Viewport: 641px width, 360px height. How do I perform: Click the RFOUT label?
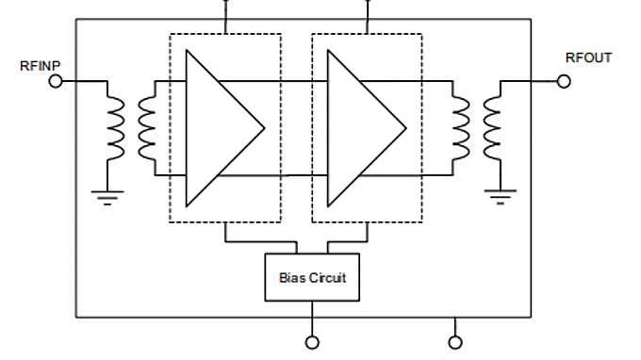pyautogui.click(x=588, y=58)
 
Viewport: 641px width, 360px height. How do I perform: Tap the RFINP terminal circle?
pyautogui.click(x=56, y=82)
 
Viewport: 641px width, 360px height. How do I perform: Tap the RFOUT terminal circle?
pyautogui.click(x=564, y=82)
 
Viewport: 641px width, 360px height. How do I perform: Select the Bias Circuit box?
pyautogui.click(x=312, y=278)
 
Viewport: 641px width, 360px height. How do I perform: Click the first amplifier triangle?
pyautogui.click(x=217, y=128)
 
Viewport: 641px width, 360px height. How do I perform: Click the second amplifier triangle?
pyautogui.click(x=358, y=128)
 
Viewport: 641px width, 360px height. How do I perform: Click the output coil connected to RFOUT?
pyautogui.click(x=492, y=128)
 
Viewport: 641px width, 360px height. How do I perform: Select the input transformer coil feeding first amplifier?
pyautogui.click(x=147, y=128)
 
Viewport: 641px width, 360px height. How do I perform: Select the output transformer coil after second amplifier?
pyautogui.click(x=461, y=128)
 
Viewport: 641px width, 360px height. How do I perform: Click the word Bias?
pyautogui.click(x=292, y=278)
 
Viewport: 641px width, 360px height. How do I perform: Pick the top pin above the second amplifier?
pyautogui.click(x=368, y=6)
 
